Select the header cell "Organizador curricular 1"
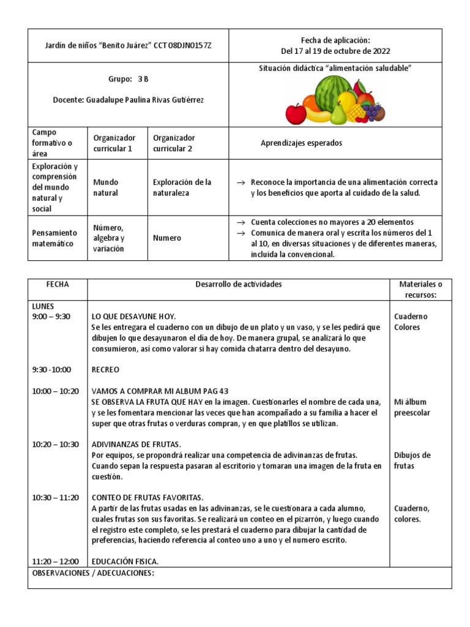pyautogui.click(x=114, y=143)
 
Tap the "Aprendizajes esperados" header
pyautogui.click(x=301, y=143)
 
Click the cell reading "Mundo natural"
pyautogui.click(x=106, y=187)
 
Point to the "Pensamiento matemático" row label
pyautogui.click(x=55, y=238)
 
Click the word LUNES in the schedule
pyautogui.click(x=43, y=306)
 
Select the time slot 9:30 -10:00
pyautogui.click(x=51, y=369)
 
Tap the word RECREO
pyautogui.click(x=105, y=370)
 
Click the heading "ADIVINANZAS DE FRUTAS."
pyautogui.click(x=136, y=444)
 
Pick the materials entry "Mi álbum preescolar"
pyautogui.click(x=412, y=407)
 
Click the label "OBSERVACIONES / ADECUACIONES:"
pyautogui.click(x=92, y=573)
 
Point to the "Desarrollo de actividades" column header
pyautogui.click(x=239, y=285)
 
